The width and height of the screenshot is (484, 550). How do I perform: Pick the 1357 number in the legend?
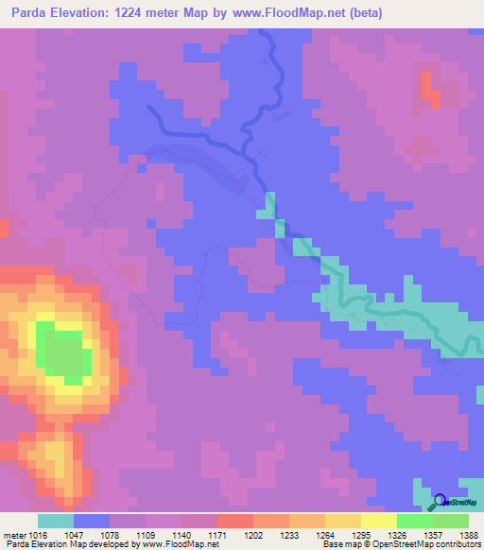[x=433, y=534]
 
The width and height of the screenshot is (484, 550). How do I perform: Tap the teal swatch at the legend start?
[x=55, y=521]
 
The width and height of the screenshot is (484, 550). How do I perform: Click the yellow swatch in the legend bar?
[x=378, y=521]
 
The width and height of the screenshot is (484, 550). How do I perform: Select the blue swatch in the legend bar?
[x=91, y=521]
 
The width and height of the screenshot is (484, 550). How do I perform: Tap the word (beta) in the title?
[x=441, y=12]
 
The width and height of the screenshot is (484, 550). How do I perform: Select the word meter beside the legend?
[x=14, y=534]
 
